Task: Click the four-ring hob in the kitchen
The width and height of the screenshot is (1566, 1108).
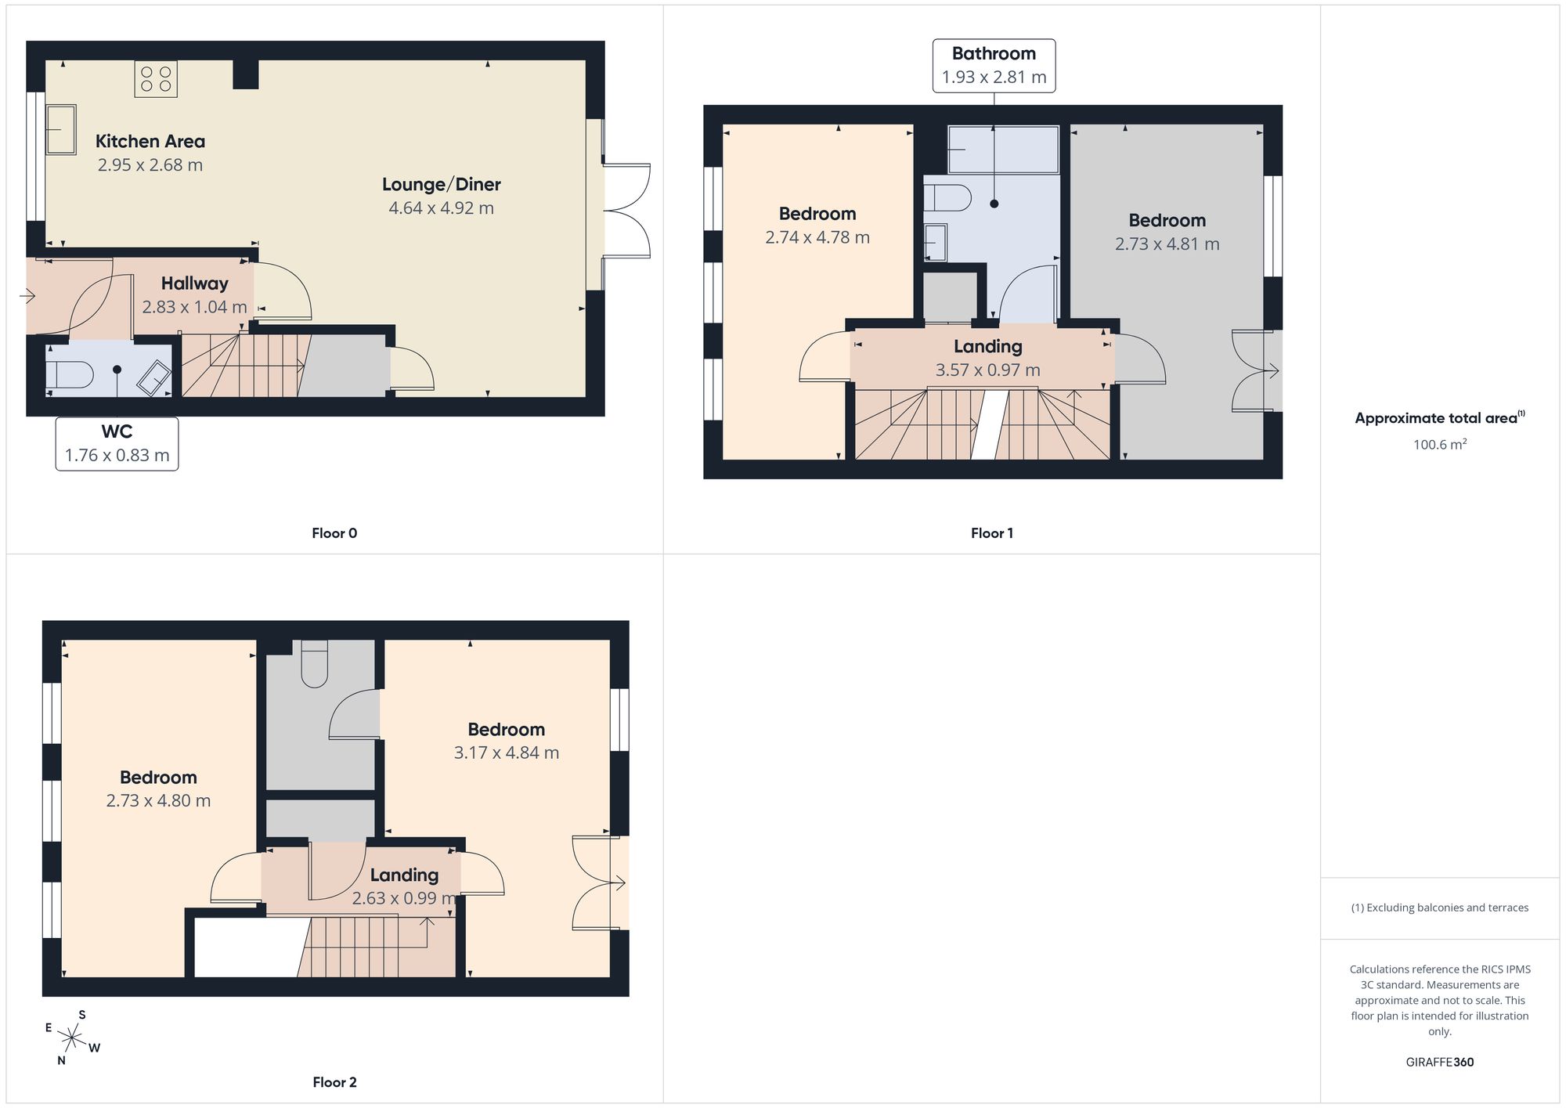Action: click(156, 79)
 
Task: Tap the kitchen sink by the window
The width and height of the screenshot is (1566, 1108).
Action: click(61, 130)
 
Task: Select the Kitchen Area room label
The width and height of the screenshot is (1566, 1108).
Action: click(150, 142)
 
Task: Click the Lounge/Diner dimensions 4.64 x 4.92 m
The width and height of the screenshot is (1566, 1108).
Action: click(442, 208)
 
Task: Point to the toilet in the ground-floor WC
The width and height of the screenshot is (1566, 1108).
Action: click(70, 376)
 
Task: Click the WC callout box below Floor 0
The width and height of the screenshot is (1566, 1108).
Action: click(117, 444)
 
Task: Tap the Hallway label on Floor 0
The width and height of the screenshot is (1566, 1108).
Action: click(195, 283)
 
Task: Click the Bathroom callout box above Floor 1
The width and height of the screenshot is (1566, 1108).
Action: click(994, 66)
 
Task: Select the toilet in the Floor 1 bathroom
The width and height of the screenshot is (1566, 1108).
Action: click(947, 198)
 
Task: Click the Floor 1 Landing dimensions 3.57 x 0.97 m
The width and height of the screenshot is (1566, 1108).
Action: click(988, 370)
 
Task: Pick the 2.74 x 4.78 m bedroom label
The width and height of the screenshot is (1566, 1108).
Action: click(817, 226)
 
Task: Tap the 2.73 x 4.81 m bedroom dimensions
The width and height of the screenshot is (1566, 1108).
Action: click(1167, 244)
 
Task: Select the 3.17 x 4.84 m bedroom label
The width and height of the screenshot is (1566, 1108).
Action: click(507, 742)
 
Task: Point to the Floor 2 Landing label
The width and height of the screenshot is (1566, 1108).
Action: click(404, 875)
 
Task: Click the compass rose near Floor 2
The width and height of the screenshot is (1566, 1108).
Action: click(72, 1039)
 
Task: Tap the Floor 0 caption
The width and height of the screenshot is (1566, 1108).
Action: click(334, 533)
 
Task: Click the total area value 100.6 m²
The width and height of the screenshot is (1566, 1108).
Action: click(1440, 444)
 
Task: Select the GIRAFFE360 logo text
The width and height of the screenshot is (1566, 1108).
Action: click(1440, 1063)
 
